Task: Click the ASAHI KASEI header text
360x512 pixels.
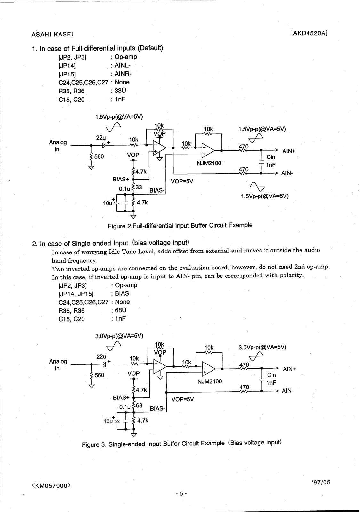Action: coord(52,34)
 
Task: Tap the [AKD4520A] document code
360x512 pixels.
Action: coord(309,33)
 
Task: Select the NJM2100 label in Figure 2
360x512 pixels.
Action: coord(209,163)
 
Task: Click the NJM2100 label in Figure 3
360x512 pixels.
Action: coord(210,381)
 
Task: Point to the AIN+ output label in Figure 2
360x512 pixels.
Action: coord(289,151)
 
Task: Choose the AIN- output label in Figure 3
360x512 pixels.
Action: coord(288,390)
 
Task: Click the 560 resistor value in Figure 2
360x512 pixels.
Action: coord(99,156)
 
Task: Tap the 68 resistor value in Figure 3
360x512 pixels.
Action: coord(139,405)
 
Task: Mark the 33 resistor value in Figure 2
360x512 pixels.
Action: coord(139,188)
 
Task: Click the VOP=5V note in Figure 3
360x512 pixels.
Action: coord(183,399)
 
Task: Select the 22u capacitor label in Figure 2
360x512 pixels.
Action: coord(101,138)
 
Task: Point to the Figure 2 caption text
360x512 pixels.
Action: coord(180,226)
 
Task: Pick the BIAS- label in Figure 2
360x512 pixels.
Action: coord(157,190)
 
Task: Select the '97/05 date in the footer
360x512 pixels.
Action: coord(321,482)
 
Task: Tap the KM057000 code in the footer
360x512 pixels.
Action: coord(51,485)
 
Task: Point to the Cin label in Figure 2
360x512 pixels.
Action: coord(271,157)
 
